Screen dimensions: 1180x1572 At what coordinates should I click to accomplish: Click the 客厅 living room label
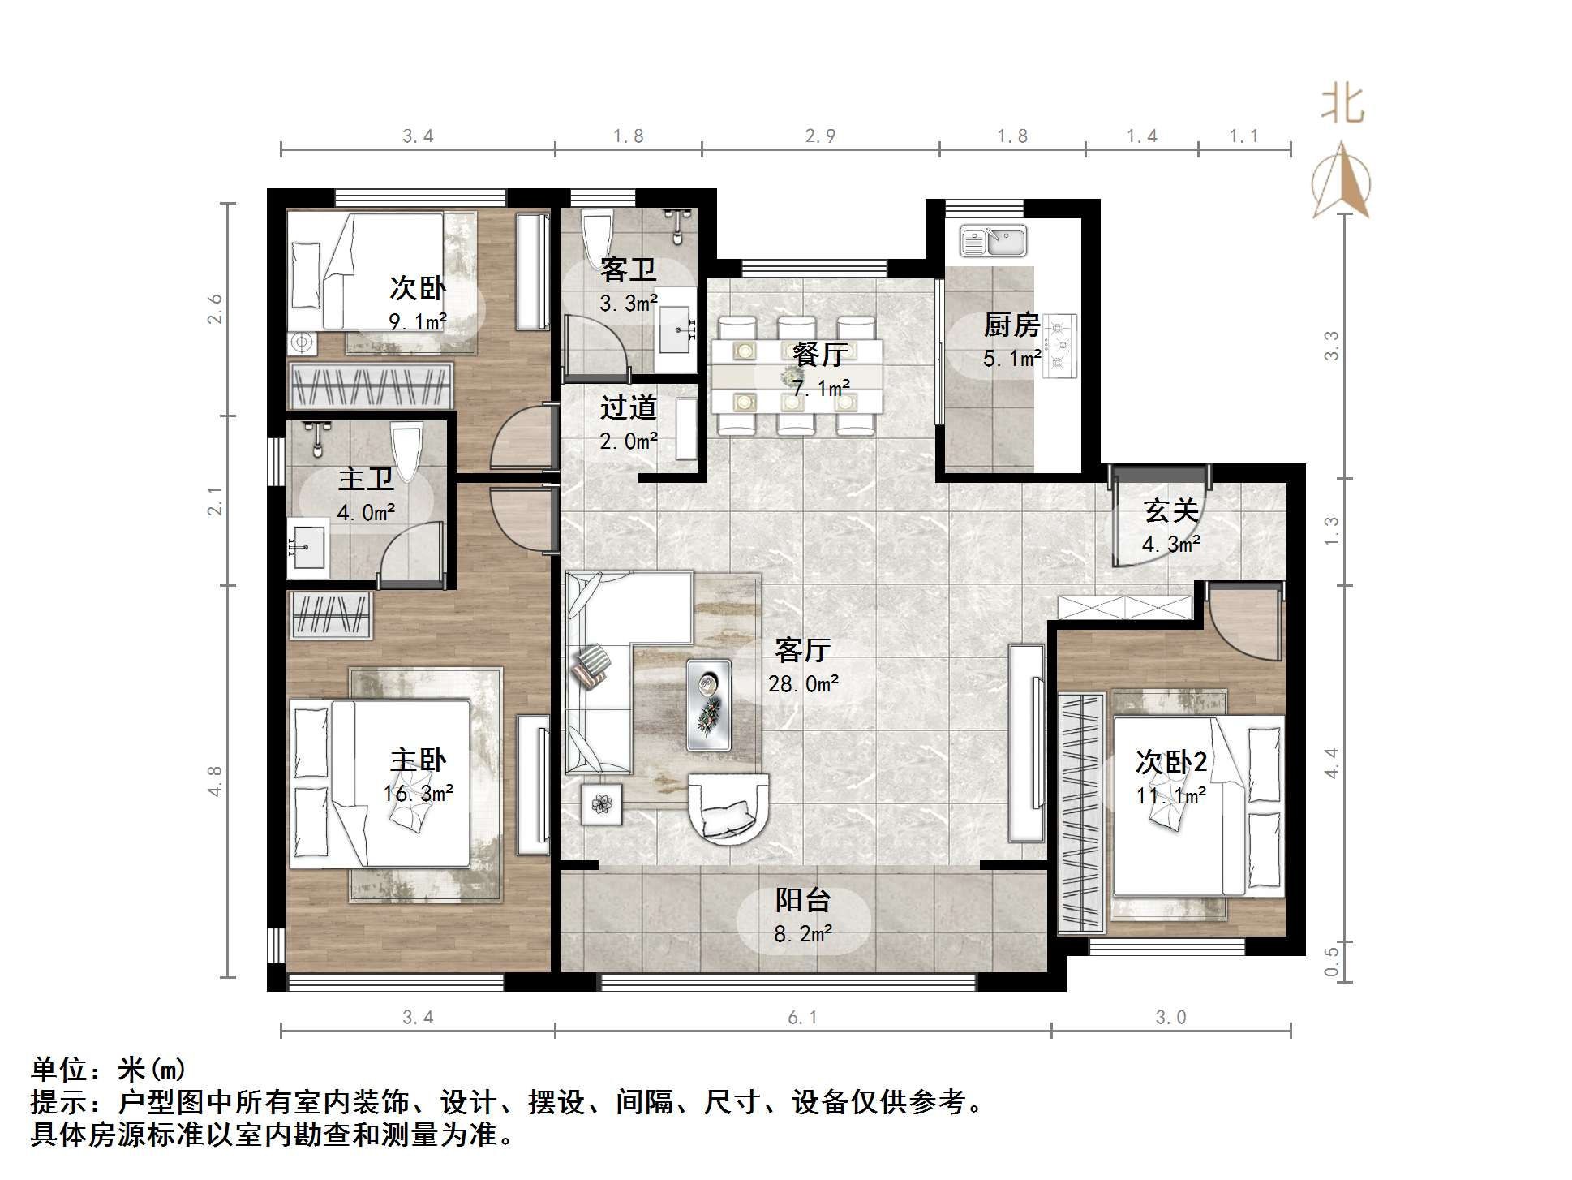[x=802, y=650]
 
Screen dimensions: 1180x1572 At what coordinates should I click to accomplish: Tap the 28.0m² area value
[x=803, y=684]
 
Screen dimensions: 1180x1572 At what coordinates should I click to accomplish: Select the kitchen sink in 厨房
[x=994, y=241]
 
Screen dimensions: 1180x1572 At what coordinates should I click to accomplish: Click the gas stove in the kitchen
[x=1059, y=346]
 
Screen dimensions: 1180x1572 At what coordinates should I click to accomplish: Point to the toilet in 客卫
[x=598, y=231]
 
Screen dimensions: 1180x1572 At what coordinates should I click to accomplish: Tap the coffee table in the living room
[x=709, y=704]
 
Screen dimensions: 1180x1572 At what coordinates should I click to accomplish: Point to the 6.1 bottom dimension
[x=802, y=1018]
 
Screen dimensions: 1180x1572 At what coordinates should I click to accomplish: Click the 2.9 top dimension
[x=820, y=136]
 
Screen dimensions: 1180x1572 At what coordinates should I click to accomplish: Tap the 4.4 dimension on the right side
[x=1331, y=763]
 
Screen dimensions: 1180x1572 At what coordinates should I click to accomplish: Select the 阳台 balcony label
[x=802, y=900]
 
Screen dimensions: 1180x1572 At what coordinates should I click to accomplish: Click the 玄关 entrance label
[x=1170, y=510]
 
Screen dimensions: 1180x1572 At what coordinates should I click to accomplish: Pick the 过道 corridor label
[x=628, y=407]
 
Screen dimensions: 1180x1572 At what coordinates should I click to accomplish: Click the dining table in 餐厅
[x=796, y=376]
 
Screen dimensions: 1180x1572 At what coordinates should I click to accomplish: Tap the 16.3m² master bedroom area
[x=418, y=793]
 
